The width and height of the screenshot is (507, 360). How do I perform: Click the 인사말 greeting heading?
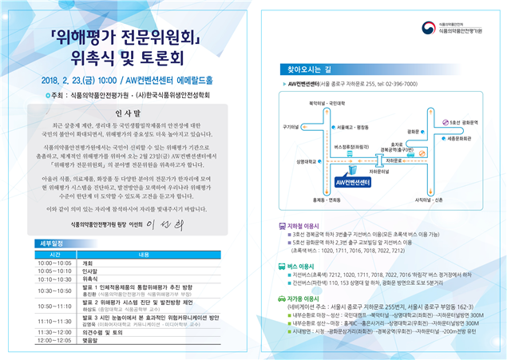point(127,113)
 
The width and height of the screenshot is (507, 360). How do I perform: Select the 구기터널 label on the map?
point(289,125)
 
